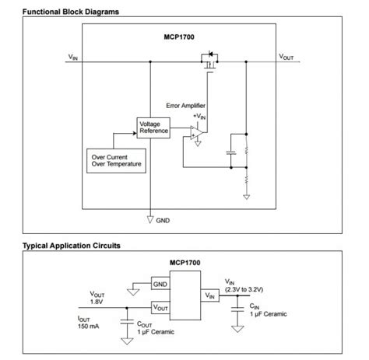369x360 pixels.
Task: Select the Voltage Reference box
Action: tap(153, 128)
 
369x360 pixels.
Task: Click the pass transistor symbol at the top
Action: tap(208, 61)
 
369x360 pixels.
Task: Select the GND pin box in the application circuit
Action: tap(160, 285)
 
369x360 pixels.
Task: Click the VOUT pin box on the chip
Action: tap(160, 307)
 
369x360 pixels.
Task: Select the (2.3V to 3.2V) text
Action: tap(244, 289)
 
